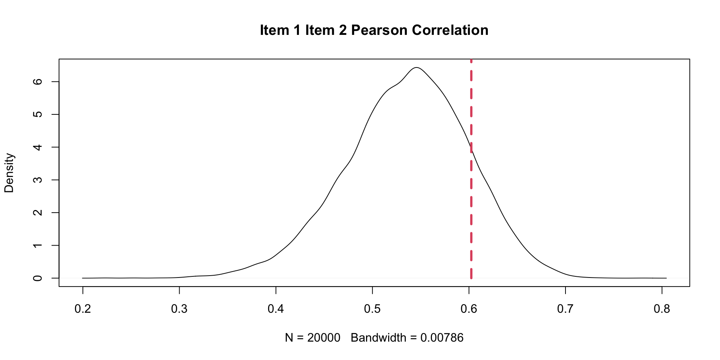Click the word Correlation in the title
point(450,30)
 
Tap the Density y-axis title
point(9,173)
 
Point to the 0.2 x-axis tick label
point(82,309)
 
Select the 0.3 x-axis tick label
point(179,309)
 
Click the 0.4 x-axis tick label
point(276,309)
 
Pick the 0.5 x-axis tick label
point(372,309)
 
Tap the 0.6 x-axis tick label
point(469,309)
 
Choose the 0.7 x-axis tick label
point(565,309)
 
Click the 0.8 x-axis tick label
point(662,309)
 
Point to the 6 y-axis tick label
point(37,82)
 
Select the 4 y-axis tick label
point(37,147)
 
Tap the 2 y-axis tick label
point(37,213)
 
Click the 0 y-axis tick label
point(37,278)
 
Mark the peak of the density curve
point(416,67)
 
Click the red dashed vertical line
point(471,210)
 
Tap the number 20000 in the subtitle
point(324,338)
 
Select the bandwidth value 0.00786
point(442,338)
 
